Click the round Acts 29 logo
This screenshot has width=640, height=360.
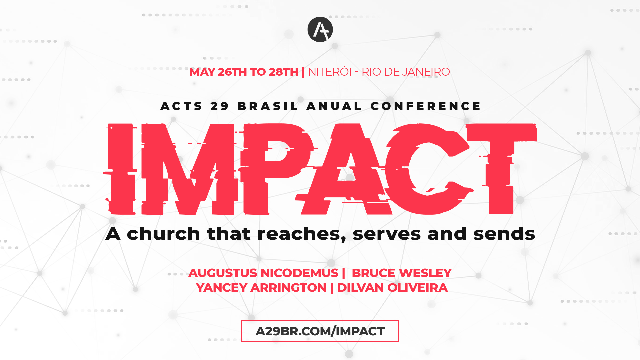320,29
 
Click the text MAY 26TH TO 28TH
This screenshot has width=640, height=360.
244,72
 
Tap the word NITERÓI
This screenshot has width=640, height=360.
330,72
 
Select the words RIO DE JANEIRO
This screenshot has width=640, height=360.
406,72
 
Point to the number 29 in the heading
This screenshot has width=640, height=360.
220,106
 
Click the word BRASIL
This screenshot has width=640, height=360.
268,106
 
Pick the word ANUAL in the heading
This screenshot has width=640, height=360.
334,106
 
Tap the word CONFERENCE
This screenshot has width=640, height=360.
426,106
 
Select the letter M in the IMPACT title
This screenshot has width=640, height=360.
190,169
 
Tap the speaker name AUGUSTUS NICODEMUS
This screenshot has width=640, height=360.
263,273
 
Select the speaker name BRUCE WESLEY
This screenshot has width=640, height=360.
402,273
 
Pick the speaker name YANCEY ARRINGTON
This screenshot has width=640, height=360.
261,288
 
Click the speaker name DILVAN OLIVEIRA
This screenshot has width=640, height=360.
392,288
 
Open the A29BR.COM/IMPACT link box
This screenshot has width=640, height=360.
320,331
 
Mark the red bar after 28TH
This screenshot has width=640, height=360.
303,72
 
